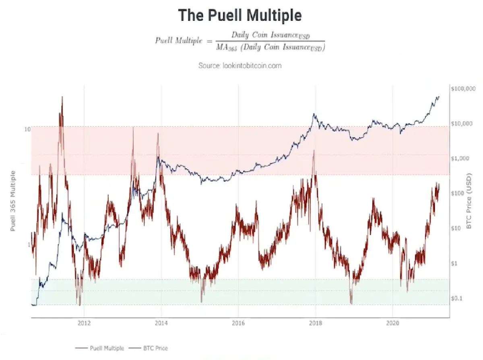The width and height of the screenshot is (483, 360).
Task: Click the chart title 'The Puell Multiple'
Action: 240,15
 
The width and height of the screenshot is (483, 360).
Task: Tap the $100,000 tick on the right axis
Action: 463,89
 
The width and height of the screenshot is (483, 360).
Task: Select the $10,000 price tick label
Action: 462,124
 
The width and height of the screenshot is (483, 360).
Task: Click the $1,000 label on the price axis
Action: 460,158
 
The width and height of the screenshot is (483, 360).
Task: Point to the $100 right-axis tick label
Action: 457,193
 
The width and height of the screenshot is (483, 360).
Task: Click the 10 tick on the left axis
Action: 27,129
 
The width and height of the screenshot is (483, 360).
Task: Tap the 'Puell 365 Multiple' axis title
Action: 13,201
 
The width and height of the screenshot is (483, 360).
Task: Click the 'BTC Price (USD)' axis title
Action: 469,201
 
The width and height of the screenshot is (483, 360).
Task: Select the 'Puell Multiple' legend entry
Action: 100,348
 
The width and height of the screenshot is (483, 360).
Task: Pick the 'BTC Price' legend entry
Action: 148,348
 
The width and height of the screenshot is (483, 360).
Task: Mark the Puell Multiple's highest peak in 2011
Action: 62,97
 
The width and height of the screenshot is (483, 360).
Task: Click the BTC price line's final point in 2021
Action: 439,97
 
